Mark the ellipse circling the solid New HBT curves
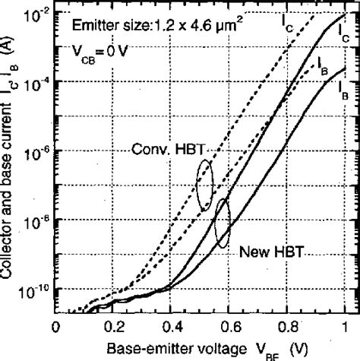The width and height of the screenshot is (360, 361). tap(223, 224)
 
